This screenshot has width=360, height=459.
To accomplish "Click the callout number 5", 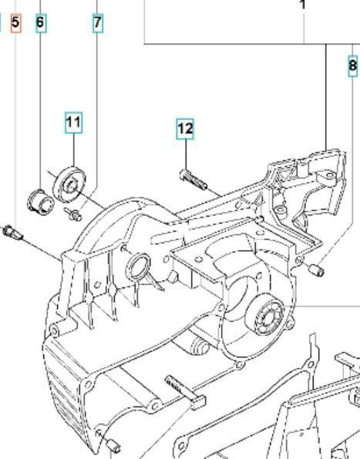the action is pos(15,22).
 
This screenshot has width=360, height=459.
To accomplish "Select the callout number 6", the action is pos(40,22).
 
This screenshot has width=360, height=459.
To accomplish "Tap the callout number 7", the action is pos(98,22).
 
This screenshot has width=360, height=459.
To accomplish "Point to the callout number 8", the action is pos(353,65).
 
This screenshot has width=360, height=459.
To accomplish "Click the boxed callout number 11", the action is pos(73,122).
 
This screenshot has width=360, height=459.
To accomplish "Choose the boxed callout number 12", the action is pos(186,129).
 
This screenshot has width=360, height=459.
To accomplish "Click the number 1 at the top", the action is pos(303,5).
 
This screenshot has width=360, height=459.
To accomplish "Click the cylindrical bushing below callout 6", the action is pos(40,201).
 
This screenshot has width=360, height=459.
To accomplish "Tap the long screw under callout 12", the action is pos(193,179).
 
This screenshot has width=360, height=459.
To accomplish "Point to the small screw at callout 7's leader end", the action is pos(73,214).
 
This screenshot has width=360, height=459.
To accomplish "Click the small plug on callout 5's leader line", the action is pos(12,233).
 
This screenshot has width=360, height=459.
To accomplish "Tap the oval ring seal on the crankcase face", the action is pos(138,268).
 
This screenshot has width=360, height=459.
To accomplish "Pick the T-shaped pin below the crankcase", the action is pos(187,392).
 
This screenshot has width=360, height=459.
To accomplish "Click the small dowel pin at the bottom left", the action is pos(113,444).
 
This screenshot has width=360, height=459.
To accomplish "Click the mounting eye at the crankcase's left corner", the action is pos(55,331).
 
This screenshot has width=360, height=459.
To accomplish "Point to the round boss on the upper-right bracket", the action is pos(331,176).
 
